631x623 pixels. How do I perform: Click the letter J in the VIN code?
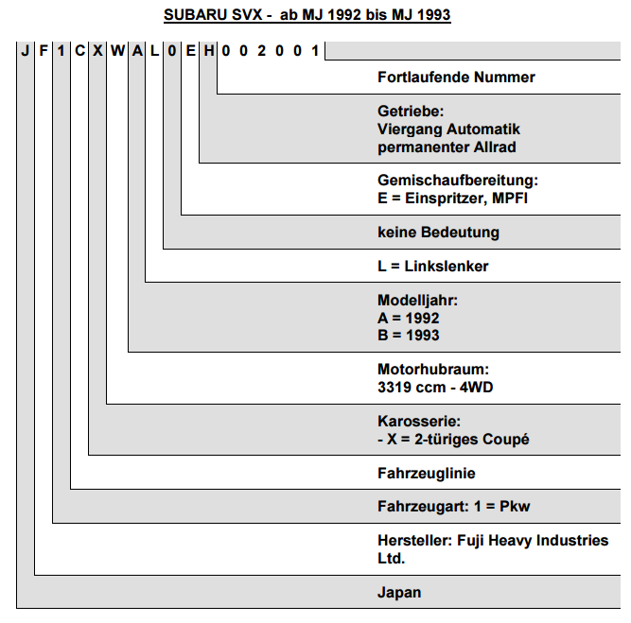pyautogui.click(x=26, y=51)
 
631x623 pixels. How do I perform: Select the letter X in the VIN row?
pyautogui.click(x=97, y=51)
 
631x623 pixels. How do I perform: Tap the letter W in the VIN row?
pyautogui.click(x=117, y=51)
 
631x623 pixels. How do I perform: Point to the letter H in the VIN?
pyautogui.click(x=208, y=51)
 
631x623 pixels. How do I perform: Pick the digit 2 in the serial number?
pyautogui.click(x=261, y=51)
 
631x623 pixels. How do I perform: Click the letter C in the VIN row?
pyautogui.click(x=79, y=51)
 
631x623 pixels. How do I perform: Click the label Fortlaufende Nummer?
pyautogui.click(x=456, y=78)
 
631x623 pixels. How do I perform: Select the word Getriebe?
pyautogui.click(x=409, y=111)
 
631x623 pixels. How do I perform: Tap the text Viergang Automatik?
pyautogui.click(x=448, y=130)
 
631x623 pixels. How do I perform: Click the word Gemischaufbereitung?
pyautogui.click(x=456, y=181)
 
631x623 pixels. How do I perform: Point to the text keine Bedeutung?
pyautogui.click(x=438, y=233)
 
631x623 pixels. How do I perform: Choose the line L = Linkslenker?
pyautogui.click(x=432, y=267)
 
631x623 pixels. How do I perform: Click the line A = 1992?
pyautogui.click(x=408, y=319)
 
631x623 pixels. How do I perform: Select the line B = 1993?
pyautogui.click(x=408, y=335)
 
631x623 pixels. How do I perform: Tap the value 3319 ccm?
pyautogui.click(x=412, y=388)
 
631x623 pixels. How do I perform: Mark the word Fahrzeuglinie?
pyautogui.click(x=426, y=474)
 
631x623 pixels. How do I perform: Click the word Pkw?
pyautogui.click(x=515, y=507)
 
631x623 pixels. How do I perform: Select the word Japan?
pyautogui.click(x=399, y=593)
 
